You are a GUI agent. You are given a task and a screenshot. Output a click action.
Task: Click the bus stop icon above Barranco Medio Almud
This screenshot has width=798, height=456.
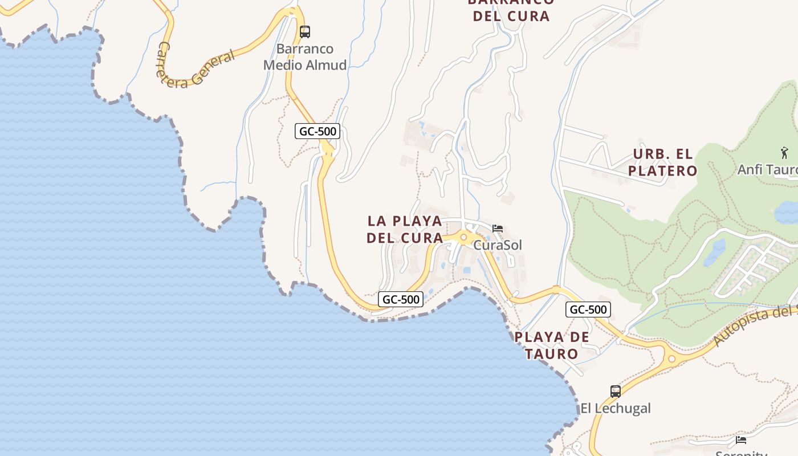click(305, 32)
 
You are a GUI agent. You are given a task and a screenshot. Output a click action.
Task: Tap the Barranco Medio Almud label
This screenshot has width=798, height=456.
click(305, 57)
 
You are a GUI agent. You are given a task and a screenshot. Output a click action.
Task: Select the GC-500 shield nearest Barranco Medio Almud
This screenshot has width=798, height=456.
click(318, 131)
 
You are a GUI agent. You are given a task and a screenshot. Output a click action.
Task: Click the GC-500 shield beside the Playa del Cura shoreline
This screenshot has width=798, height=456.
click(401, 299)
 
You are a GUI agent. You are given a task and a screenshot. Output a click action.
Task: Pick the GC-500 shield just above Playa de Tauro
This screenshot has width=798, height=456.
click(588, 310)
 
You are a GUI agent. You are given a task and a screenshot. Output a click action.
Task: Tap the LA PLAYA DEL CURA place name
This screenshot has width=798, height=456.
click(405, 229)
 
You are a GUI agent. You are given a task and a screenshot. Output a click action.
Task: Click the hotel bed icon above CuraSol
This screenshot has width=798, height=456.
click(498, 229)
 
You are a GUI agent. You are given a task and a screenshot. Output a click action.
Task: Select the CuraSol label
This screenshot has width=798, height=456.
click(498, 245)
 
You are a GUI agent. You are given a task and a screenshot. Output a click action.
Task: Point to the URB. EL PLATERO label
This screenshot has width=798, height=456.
click(663, 162)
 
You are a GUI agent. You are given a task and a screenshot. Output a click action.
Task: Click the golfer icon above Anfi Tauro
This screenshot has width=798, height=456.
click(784, 153)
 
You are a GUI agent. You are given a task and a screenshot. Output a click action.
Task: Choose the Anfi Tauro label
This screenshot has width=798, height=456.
click(767, 170)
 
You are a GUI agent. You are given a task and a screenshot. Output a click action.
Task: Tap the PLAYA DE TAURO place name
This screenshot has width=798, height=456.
click(552, 345)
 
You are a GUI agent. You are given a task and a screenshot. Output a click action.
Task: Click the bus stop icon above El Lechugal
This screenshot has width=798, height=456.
click(616, 392)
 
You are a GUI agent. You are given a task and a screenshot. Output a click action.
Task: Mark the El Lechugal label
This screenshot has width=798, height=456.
click(616, 409)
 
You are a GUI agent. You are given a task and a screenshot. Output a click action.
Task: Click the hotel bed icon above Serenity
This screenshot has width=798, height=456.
click(741, 439)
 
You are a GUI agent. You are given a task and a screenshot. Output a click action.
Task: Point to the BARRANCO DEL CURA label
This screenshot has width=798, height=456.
click(511, 9)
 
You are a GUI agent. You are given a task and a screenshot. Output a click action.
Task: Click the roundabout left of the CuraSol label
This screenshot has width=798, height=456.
click(463, 237)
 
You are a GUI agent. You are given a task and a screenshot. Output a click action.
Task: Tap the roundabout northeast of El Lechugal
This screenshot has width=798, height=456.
click(671, 359)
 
